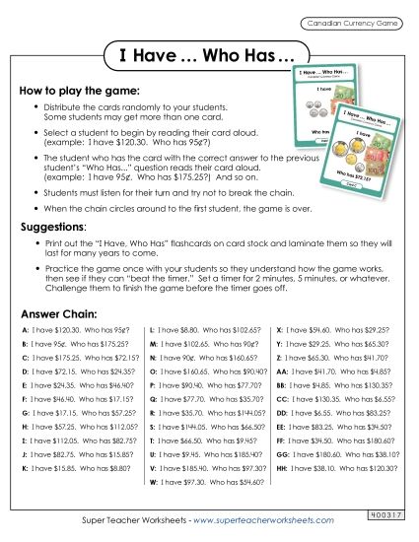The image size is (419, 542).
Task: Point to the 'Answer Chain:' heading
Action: point(56,307)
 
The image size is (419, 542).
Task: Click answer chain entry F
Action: point(78,392)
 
